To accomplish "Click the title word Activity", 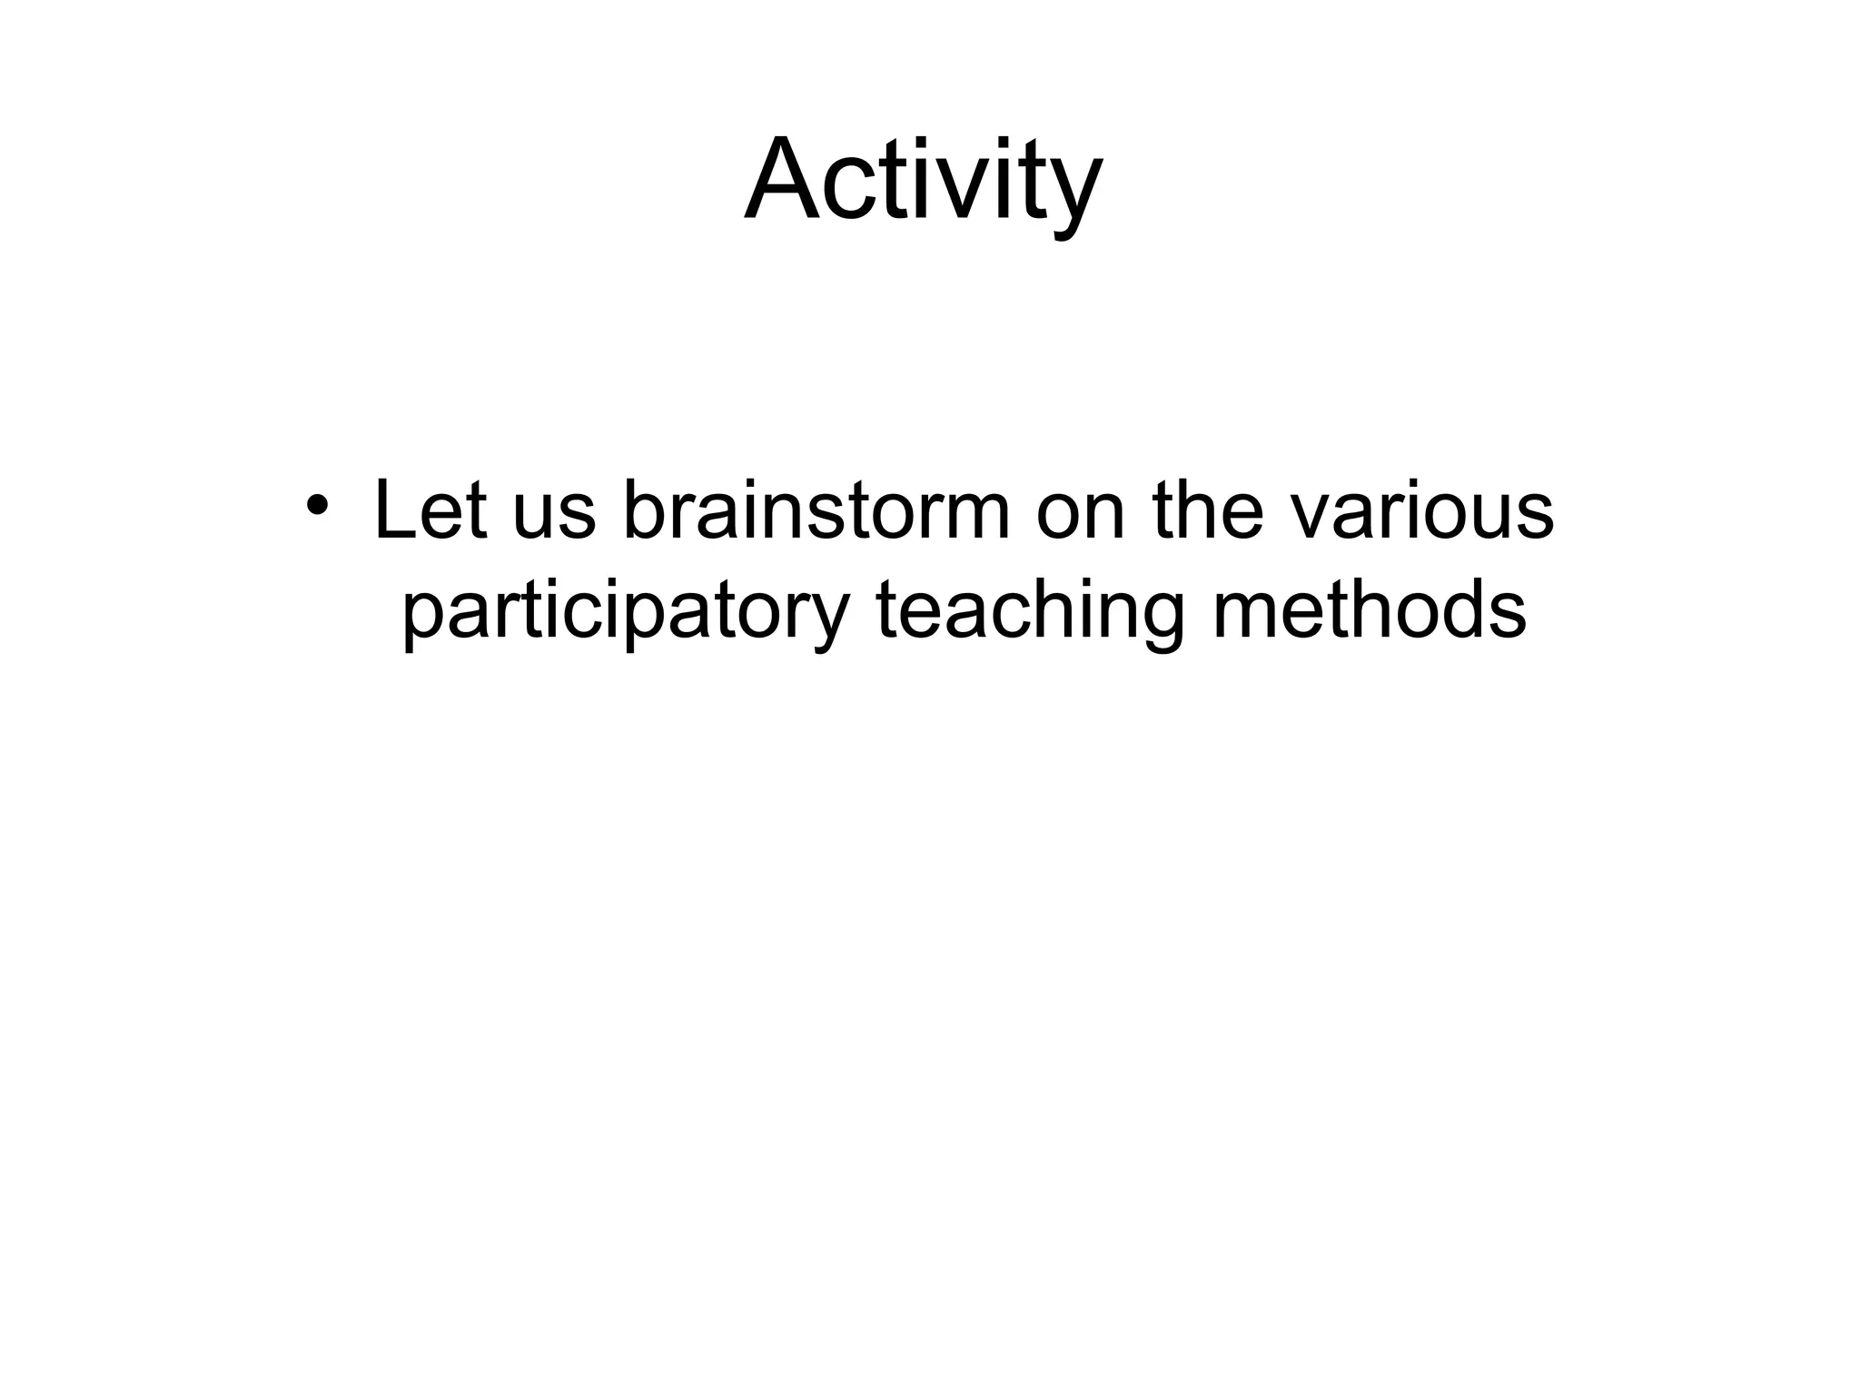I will point(923,180).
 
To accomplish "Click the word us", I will point(554,518).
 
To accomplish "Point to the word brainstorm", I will point(816,510).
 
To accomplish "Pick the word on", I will point(1082,518).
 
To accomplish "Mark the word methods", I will point(1370,610).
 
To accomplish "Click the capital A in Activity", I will point(782,180).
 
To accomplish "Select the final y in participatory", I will point(821,621).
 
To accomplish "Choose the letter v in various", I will point(1313,518).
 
